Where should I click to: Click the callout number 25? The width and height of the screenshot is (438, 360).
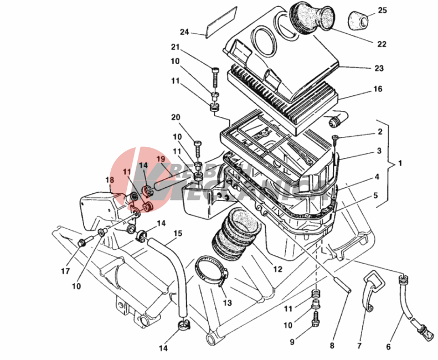[x=383, y=11]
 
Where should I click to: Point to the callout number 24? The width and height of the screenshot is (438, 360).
[x=184, y=32]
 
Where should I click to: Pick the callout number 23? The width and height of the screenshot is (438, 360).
[x=379, y=69]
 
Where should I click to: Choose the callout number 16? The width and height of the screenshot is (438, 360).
[x=378, y=89]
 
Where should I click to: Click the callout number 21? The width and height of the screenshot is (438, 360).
[x=176, y=47]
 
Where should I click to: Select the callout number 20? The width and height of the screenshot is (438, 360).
[x=176, y=117]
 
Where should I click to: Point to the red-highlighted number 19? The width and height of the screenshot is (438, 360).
[x=161, y=159]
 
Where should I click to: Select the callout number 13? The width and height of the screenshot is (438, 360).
[x=228, y=303]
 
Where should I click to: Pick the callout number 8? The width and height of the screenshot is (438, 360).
[x=332, y=346]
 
